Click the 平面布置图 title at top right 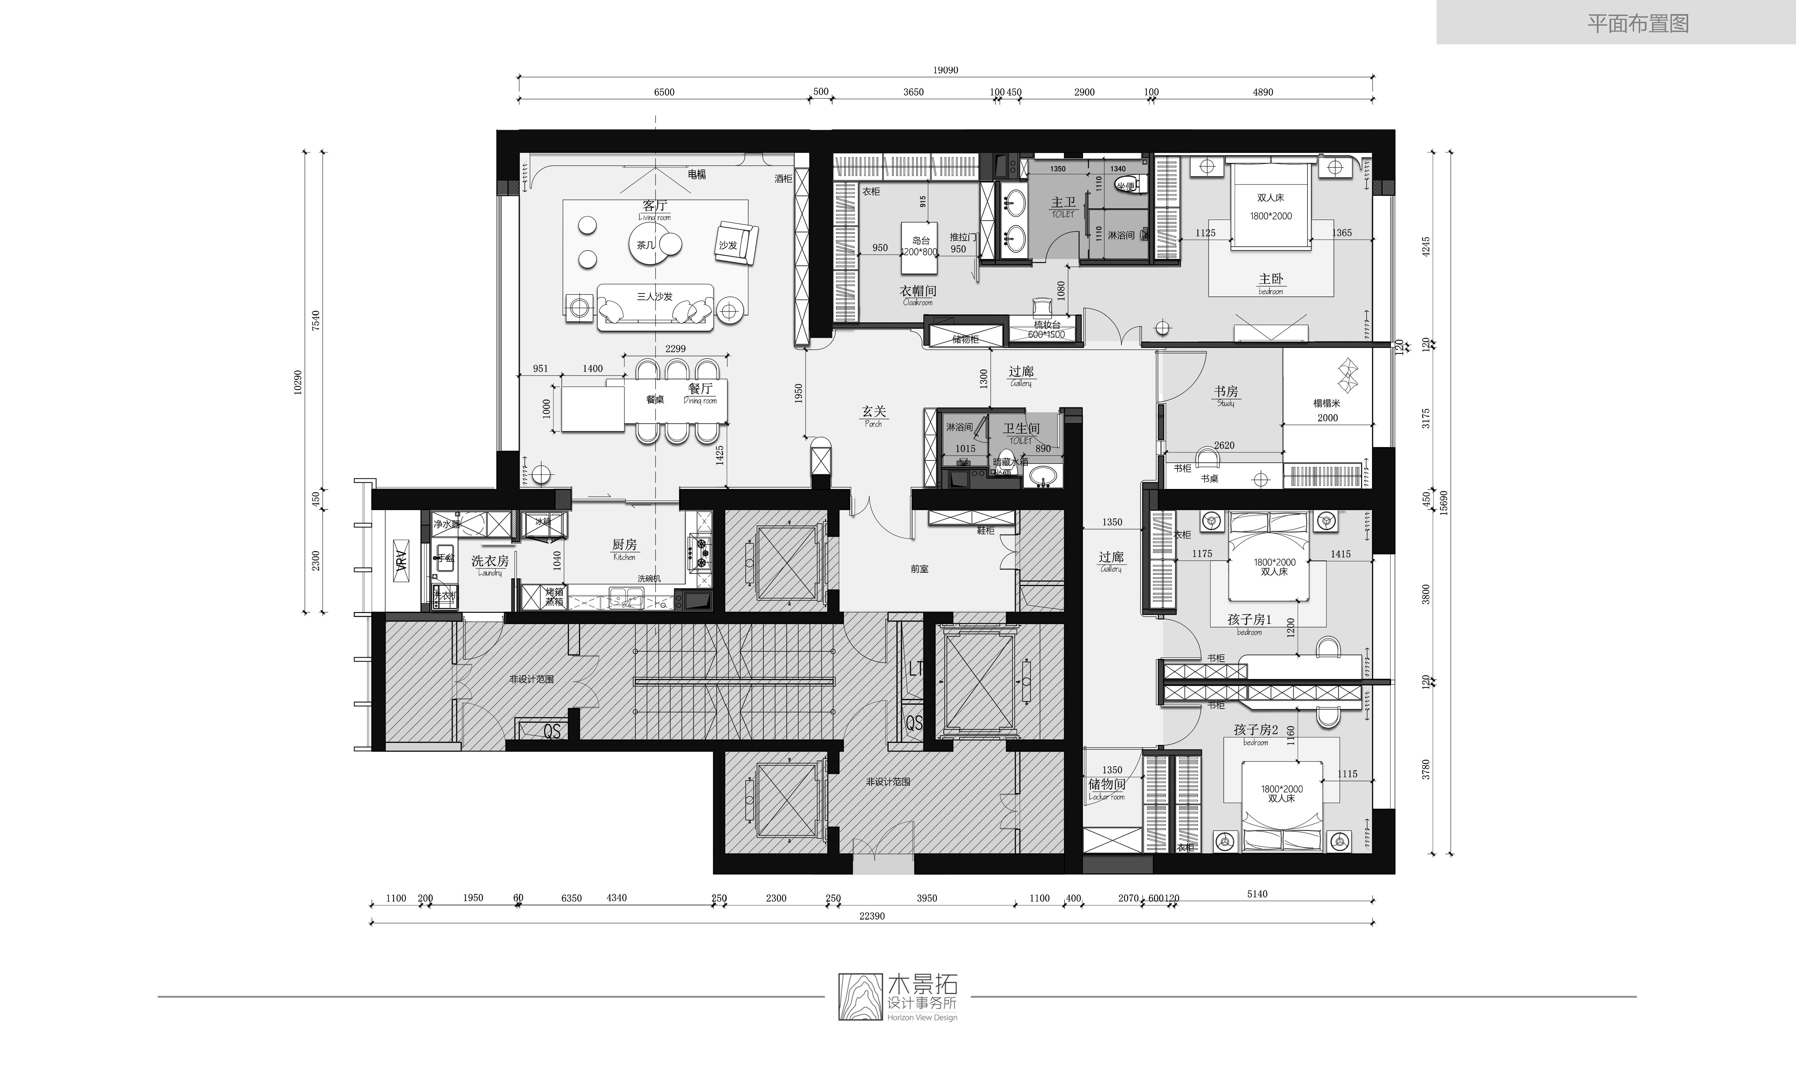pyautogui.click(x=1638, y=24)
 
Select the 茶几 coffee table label pyautogui.click(x=646, y=245)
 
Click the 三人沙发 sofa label pyautogui.click(x=654, y=296)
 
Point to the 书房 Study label pyautogui.click(x=1226, y=395)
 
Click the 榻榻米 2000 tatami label pyautogui.click(x=1327, y=410)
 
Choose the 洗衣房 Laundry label pyautogui.click(x=490, y=565)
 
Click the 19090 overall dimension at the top pyautogui.click(x=945, y=70)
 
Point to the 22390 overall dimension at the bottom pyautogui.click(x=872, y=916)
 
